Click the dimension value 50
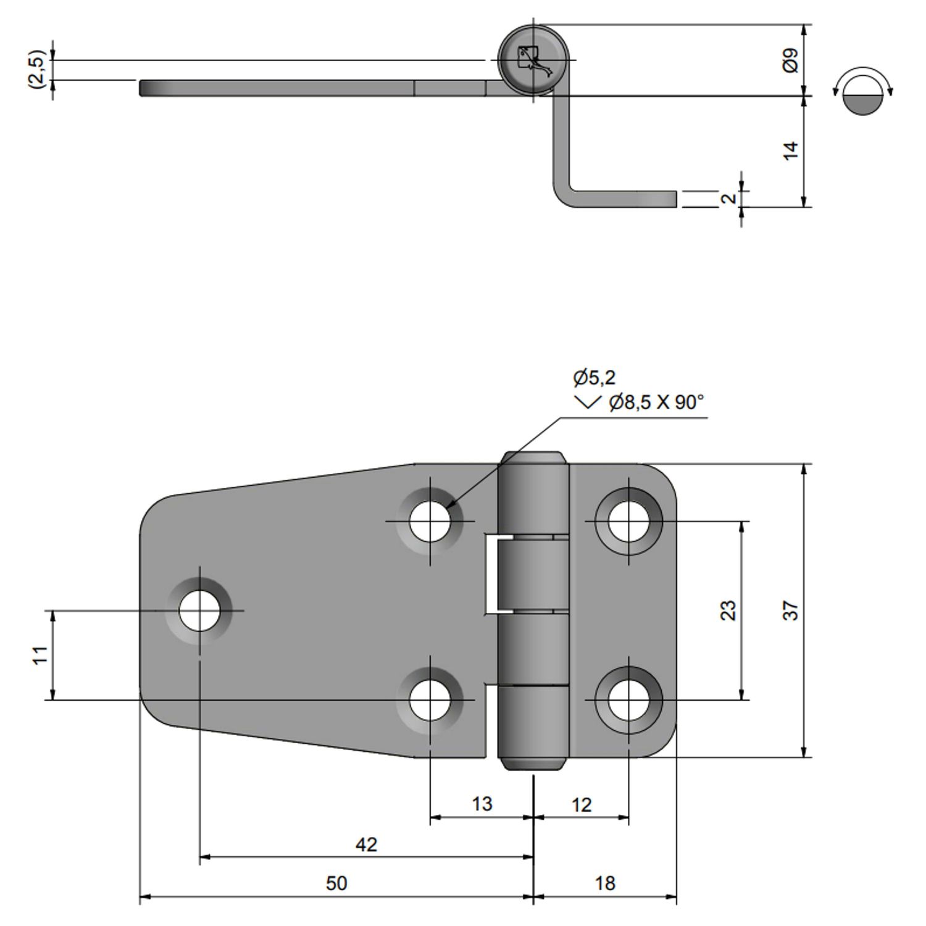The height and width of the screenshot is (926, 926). tap(336, 883)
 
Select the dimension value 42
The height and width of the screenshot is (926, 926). tap(366, 845)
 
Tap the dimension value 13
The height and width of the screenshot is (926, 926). tap(482, 804)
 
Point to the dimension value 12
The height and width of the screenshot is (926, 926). tap(582, 805)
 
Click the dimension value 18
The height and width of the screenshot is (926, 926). tap(605, 883)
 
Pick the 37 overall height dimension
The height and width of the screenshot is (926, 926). tap(791, 611)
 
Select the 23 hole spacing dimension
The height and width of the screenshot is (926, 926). tap(729, 611)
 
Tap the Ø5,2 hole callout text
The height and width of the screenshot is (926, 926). tap(594, 377)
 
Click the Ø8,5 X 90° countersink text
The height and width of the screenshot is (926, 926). tap(656, 403)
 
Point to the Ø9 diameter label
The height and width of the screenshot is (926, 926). tap(791, 60)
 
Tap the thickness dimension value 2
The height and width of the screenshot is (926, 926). tap(729, 199)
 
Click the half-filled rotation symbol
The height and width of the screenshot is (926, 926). tap(862, 91)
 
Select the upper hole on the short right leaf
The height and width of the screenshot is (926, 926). tap(628, 521)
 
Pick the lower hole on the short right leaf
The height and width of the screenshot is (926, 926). tap(628, 700)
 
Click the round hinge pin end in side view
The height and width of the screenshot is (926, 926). tap(533, 60)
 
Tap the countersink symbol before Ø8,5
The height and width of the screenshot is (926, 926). tap(586, 403)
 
